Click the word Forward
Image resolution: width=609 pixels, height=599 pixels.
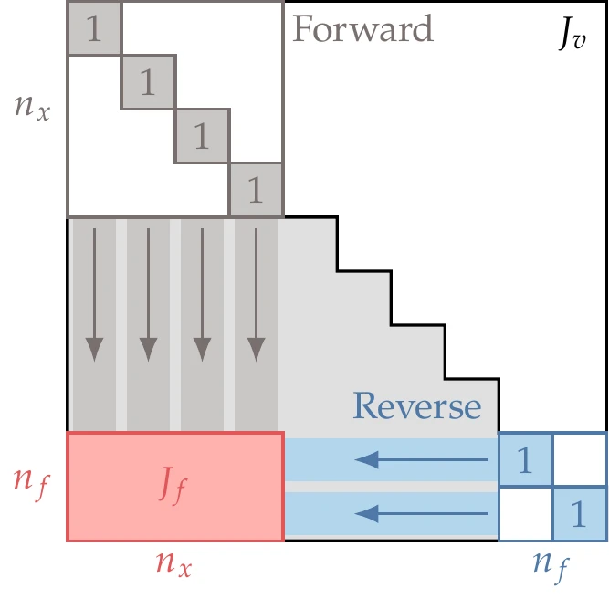362,29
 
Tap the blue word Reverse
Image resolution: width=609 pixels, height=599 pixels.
416,405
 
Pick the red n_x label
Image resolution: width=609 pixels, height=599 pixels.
173,563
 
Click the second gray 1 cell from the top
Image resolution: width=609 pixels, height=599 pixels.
148,82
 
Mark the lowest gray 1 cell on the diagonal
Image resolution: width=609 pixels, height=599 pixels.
256,190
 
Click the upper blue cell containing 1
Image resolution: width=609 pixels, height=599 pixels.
525,460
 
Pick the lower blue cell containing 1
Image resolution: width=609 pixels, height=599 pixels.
578,514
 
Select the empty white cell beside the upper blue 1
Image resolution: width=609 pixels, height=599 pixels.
579,459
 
